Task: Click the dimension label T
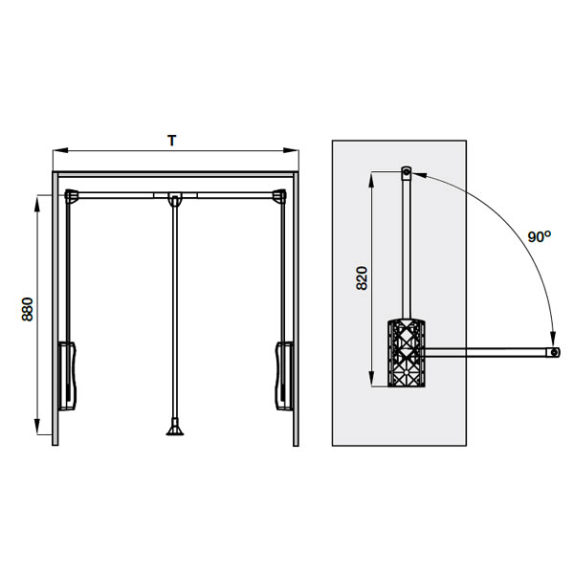click(171, 141)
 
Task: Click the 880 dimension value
click(27, 309)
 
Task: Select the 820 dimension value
click(362, 278)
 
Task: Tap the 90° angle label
click(539, 236)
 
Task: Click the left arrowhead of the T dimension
click(60, 150)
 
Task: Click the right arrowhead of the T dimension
click(291, 150)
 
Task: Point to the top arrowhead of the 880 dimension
click(36, 204)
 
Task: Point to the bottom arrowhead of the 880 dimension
click(36, 427)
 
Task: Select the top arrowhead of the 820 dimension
click(371, 179)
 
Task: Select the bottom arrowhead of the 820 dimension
click(371, 379)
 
